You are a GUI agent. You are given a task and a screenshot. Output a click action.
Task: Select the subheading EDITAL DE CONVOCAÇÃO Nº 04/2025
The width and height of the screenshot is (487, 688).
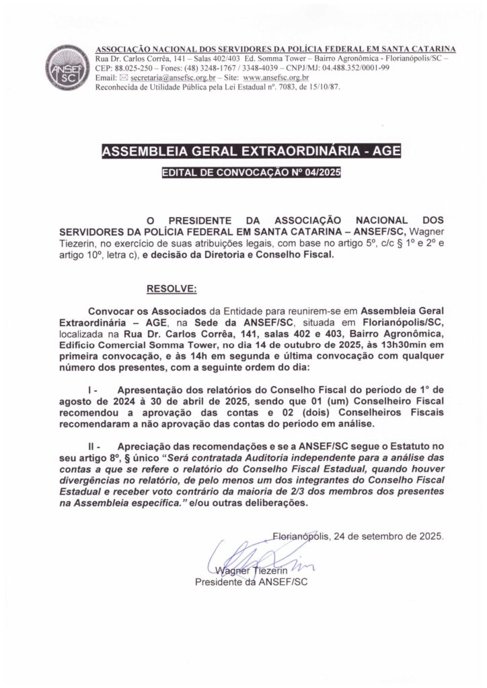(x=251, y=173)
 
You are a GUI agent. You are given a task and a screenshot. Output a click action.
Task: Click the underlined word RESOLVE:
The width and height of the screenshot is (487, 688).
(x=172, y=289)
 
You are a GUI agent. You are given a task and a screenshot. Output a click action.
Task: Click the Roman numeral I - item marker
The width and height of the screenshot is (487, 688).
(x=94, y=389)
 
